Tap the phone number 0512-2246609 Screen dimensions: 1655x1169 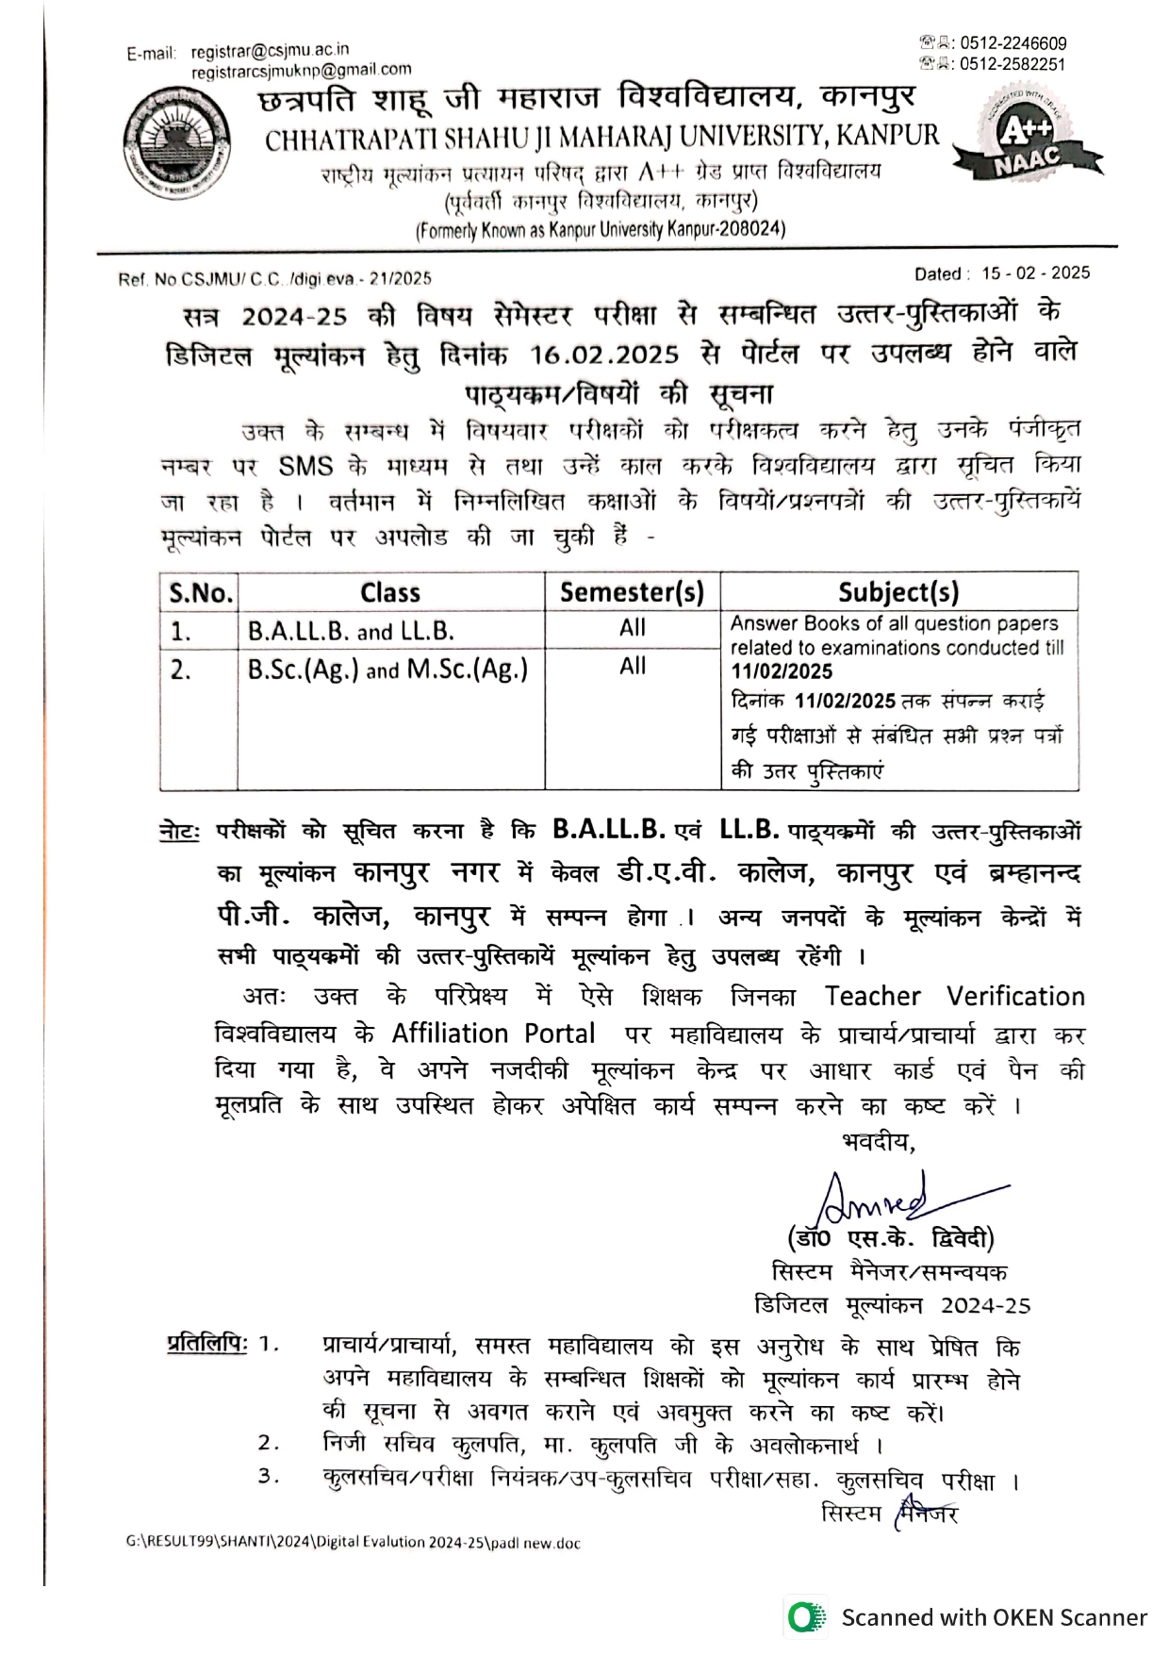click(x=1013, y=43)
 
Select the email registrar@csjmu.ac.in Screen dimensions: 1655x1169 click(x=270, y=50)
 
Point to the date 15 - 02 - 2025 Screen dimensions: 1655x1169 click(x=1035, y=273)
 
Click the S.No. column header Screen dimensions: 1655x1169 click(x=200, y=592)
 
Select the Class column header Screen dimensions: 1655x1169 click(x=390, y=592)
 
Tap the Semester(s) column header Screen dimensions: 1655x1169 click(x=632, y=592)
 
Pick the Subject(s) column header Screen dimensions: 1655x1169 click(x=898, y=592)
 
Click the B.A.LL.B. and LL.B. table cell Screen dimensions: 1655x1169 click(x=351, y=631)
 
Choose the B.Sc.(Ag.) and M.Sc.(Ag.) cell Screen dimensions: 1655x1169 click(x=387, y=670)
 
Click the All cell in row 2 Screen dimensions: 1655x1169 click(x=633, y=667)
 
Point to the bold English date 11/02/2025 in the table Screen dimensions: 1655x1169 click(x=782, y=671)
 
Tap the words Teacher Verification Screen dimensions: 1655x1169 click(x=954, y=997)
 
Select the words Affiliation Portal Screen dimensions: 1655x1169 click(x=493, y=1034)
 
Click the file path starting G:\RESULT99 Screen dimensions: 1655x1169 click(x=354, y=1543)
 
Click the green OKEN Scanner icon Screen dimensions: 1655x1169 click(x=804, y=1617)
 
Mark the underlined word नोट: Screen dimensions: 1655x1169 click(x=179, y=832)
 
